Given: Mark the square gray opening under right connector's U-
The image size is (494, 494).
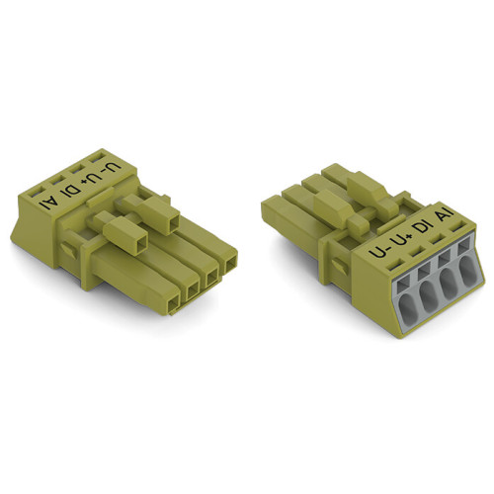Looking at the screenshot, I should tap(386, 277).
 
